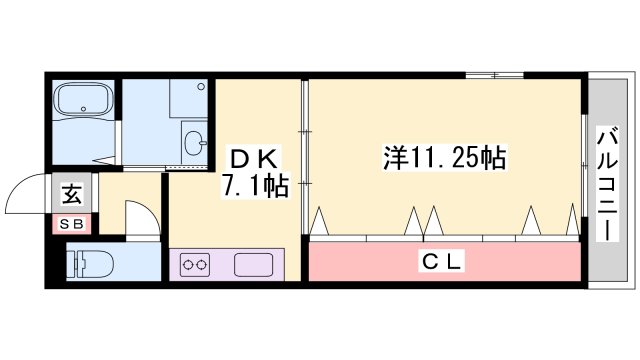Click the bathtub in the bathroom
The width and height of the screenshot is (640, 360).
coord(84,102)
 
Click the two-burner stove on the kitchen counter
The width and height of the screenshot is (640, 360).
coord(194,265)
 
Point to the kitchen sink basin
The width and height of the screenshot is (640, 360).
coord(254,265)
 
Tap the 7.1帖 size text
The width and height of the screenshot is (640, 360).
coord(256,187)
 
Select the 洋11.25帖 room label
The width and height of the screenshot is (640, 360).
coord(444,157)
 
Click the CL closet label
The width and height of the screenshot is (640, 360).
coord(441,262)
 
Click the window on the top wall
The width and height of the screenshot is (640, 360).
coord(494,75)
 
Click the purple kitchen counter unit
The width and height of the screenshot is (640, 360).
coord(229,266)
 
